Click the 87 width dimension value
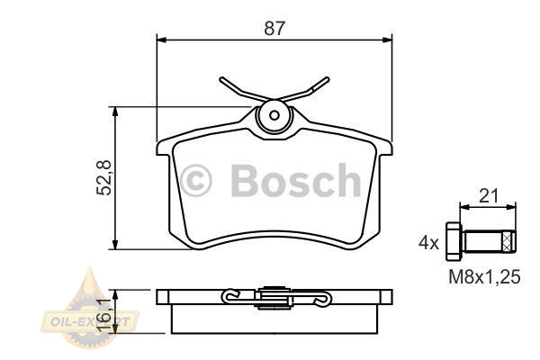tap(274, 29)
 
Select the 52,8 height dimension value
tap(104, 178)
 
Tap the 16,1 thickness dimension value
tap(104, 315)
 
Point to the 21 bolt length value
tap(489, 197)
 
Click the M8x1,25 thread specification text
tap(484, 276)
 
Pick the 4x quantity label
tap(428, 243)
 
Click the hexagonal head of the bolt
tap(454, 241)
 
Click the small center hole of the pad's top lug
tap(274, 115)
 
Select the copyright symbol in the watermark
tap(195, 181)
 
